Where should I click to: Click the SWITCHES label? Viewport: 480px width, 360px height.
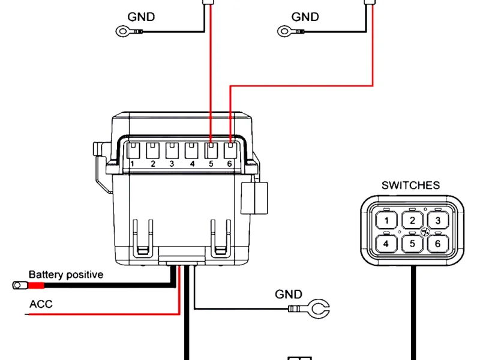coord(410,185)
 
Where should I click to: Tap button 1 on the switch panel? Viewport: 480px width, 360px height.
coord(388,221)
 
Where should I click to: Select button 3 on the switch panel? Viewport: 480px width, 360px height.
coord(438,221)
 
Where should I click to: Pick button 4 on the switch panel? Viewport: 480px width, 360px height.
coord(388,244)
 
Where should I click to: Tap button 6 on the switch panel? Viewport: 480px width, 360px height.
coord(438,244)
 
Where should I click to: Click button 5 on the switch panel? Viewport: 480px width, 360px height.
coord(413,244)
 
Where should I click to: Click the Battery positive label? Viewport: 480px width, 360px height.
coord(66,275)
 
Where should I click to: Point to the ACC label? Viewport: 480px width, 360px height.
coord(41,304)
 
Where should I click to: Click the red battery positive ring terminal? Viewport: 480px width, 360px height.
coord(19,285)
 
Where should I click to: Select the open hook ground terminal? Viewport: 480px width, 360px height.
coord(316,310)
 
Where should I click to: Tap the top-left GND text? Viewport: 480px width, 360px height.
coord(141,17)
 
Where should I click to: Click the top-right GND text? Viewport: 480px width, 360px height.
coord(305,17)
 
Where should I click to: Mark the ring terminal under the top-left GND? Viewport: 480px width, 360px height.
coord(123,30)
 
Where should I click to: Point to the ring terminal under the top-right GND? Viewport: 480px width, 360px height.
coord(286,30)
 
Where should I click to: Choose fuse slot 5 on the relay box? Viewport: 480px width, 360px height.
coord(211,148)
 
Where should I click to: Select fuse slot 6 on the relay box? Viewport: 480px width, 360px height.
coord(230,148)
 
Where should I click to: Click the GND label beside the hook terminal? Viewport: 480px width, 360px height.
coord(289,295)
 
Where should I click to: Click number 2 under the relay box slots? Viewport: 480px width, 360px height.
coord(153,163)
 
